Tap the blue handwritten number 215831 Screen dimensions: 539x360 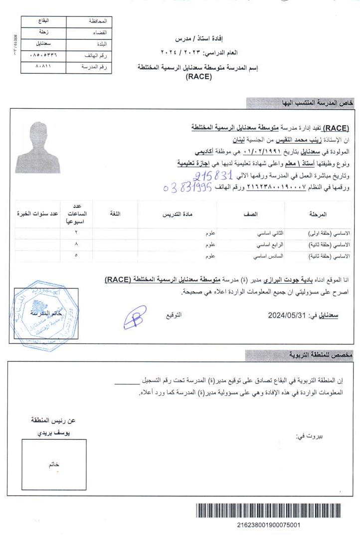click(213, 176)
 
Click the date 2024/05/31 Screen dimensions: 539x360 click(286, 315)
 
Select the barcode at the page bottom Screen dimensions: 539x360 click(268, 512)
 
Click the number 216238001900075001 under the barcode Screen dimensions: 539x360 click(268, 525)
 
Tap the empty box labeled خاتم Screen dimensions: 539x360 click(54, 464)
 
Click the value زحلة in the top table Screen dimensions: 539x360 click(44, 32)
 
